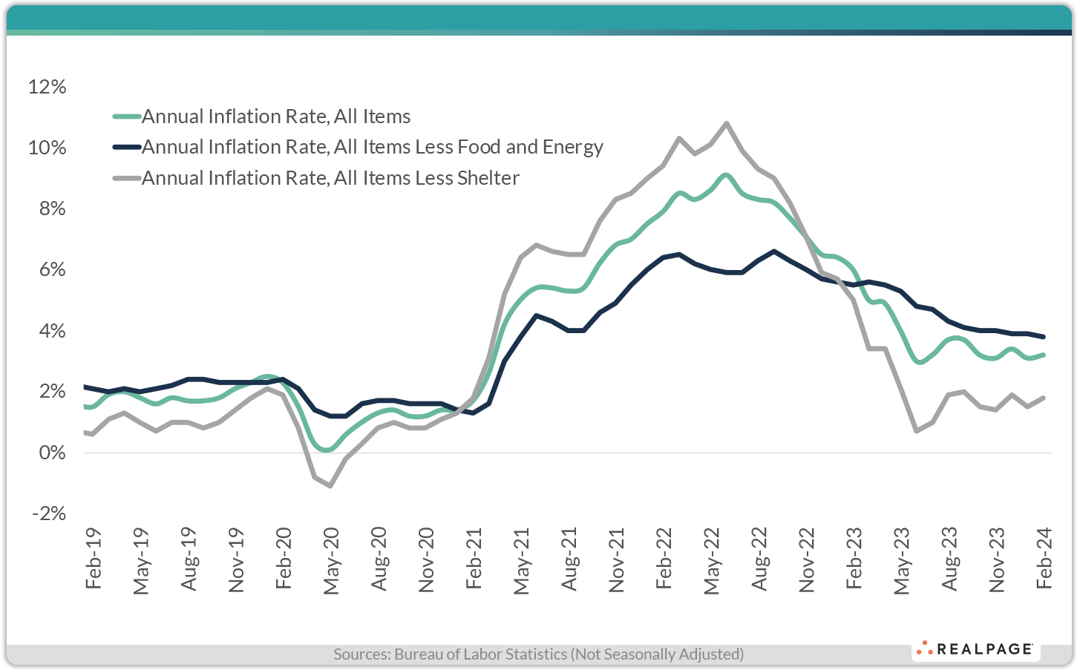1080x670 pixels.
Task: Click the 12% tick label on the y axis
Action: coord(47,87)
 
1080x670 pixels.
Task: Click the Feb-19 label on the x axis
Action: coord(94,559)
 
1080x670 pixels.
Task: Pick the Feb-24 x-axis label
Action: coord(1044,559)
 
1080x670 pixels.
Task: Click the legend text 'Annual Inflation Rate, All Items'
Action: coord(275,116)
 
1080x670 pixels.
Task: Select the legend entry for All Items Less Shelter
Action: coord(330,178)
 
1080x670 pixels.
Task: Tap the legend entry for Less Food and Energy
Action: coord(372,147)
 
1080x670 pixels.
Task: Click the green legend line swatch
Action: coord(126,116)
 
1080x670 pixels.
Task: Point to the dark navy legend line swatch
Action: coord(126,147)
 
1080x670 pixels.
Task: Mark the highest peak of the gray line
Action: coord(726,123)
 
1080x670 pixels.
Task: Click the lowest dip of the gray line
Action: coord(330,486)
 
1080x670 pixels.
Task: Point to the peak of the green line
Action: coord(726,175)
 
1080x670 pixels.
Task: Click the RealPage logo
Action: coord(975,649)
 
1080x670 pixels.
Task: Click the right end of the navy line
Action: coord(1044,337)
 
